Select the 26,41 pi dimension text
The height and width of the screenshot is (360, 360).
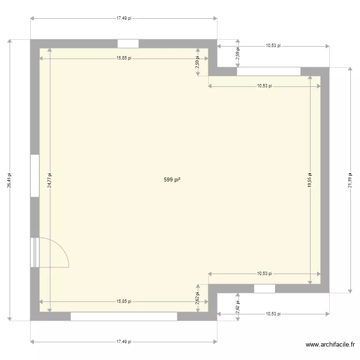[9, 180]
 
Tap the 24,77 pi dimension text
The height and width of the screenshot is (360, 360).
[49, 180]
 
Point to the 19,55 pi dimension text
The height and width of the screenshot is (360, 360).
[310, 180]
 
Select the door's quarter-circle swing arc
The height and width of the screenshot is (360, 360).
[62, 250]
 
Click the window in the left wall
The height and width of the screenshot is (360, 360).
[35, 175]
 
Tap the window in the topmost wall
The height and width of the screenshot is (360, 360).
[128, 44]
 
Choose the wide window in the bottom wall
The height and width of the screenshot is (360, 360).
[124, 316]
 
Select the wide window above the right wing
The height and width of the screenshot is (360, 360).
[269, 72]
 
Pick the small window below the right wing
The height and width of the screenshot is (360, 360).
[264, 288]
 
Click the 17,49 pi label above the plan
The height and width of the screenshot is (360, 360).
[124, 18]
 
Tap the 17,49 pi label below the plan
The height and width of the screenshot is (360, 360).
[124, 342]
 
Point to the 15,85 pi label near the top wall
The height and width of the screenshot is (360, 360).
[124, 59]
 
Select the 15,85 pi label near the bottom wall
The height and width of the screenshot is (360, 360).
[124, 301]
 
